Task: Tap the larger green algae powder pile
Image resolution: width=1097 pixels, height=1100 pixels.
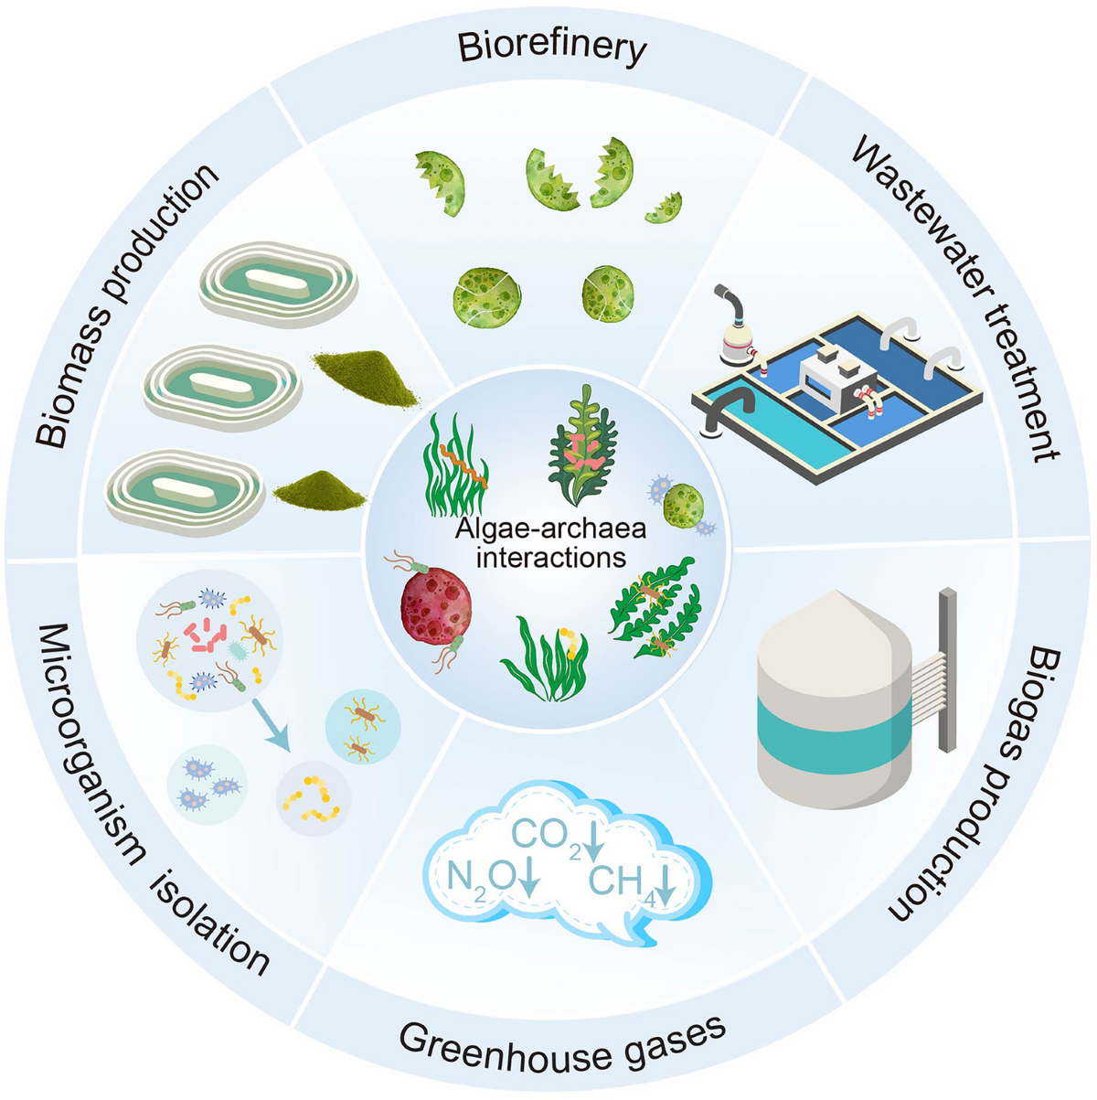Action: [x=367, y=379]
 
